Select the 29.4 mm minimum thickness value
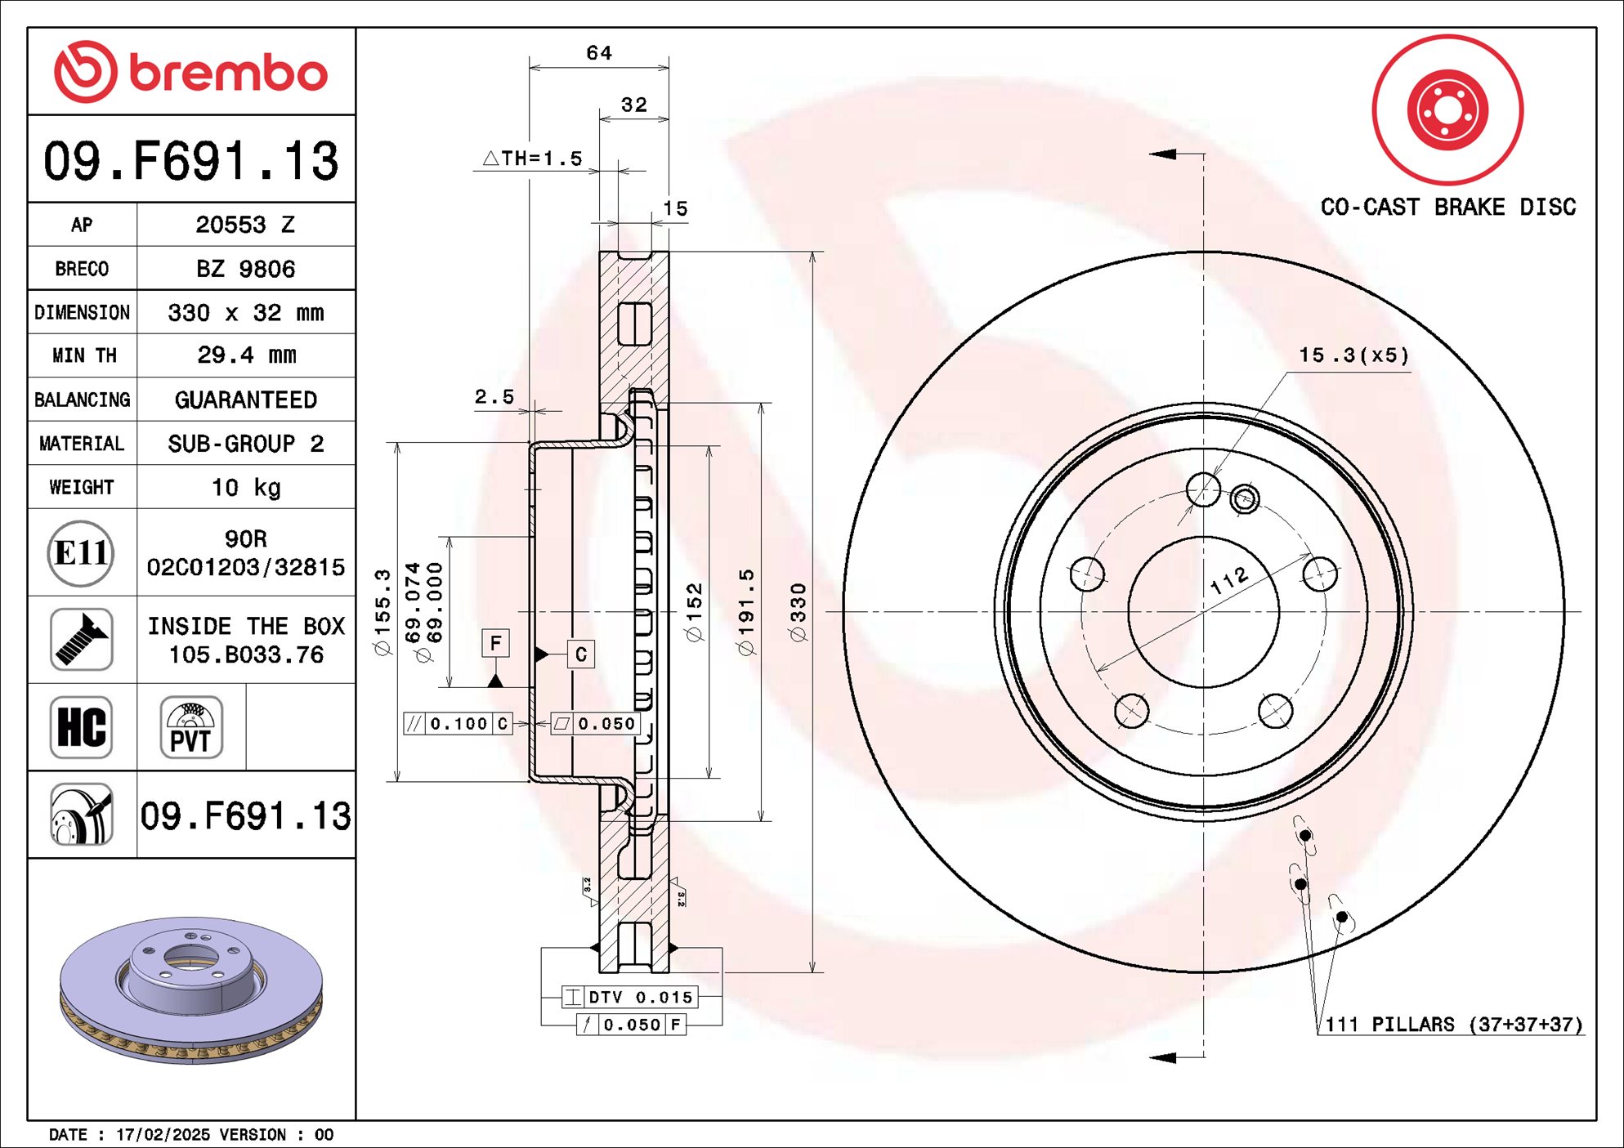click(x=246, y=355)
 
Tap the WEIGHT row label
click(x=82, y=487)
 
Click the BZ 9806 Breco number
click(x=246, y=269)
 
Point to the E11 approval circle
click(x=80, y=553)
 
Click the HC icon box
click(x=81, y=727)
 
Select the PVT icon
click(x=191, y=727)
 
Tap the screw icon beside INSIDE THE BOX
click(x=81, y=640)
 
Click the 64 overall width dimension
click(x=599, y=53)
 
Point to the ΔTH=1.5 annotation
click(x=533, y=159)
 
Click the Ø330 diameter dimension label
click(x=799, y=612)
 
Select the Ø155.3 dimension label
click(x=383, y=612)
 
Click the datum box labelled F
click(x=495, y=643)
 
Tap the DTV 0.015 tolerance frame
click(x=630, y=997)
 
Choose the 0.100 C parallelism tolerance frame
click(x=458, y=724)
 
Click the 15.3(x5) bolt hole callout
click(x=1354, y=355)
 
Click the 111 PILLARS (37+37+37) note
click(x=1453, y=1025)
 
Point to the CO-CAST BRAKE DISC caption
click(x=1447, y=208)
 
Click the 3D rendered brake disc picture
click(x=191, y=989)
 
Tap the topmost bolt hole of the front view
click(x=1203, y=490)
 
